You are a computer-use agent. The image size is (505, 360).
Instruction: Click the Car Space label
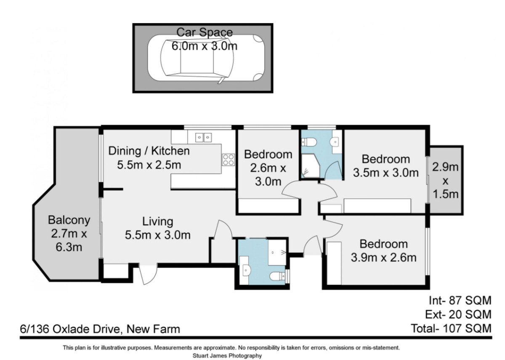(x=204, y=32)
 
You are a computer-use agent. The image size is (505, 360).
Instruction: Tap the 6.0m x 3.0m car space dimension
(x=204, y=46)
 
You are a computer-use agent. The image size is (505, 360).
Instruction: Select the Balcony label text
(x=69, y=220)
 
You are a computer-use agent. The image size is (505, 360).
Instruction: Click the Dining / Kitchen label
(x=149, y=151)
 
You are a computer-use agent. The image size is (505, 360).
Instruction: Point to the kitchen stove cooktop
(x=229, y=160)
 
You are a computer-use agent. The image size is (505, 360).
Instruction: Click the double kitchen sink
(x=203, y=137)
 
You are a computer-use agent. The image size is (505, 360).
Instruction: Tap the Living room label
(x=157, y=222)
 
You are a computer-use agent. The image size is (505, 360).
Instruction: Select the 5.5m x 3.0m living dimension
(x=157, y=235)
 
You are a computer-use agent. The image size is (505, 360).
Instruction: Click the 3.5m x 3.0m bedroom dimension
(x=386, y=173)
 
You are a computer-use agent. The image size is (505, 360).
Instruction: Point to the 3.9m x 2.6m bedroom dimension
(x=383, y=258)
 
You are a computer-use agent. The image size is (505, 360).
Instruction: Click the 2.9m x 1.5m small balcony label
(x=446, y=181)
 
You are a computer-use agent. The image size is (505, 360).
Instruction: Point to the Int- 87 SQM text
(x=460, y=301)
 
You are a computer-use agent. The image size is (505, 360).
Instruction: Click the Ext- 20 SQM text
(x=458, y=315)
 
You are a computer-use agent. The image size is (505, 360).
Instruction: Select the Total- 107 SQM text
(x=451, y=328)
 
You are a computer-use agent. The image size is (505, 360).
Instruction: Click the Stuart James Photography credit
(x=227, y=356)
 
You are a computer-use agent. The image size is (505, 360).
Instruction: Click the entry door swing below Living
(x=148, y=275)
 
